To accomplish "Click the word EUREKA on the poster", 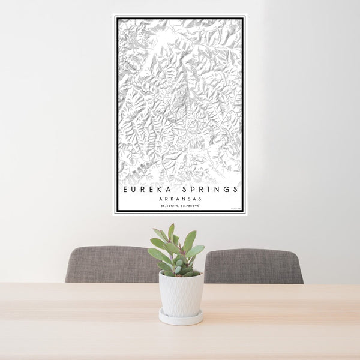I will (x=144, y=189).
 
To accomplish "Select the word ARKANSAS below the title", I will (x=180, y=199).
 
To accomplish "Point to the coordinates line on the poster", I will (x=180, y=206).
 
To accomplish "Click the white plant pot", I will (x=181, y=293).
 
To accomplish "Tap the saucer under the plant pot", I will (x=181, y=318).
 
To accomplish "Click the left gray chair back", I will (x=108, y=264).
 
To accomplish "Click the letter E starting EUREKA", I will (x=125, y=189).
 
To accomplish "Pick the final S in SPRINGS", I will (x=236, y=189).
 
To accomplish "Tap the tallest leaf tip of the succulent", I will (x=171, y=227).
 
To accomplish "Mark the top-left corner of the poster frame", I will (x=114, y=16).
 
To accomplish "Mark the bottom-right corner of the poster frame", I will (x=245, y=214).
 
